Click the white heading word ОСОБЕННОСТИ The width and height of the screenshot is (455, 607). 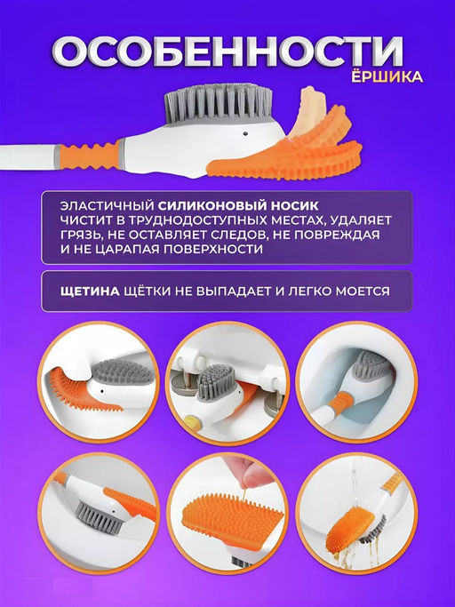(227, 53)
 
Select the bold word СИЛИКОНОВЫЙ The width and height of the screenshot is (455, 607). (208, 204)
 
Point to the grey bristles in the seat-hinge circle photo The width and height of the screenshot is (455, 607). (214, 381)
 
